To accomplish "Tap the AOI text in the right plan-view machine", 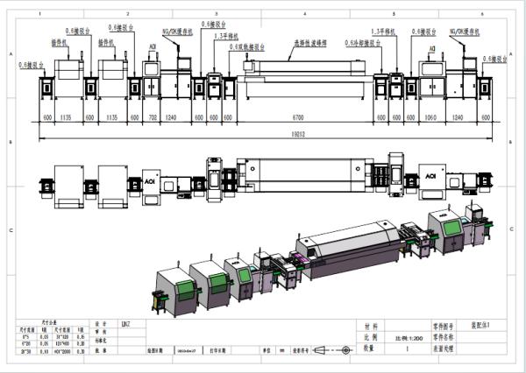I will click(430, 174).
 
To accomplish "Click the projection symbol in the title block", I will click(338, 349).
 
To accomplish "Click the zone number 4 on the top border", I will click(303, 15).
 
